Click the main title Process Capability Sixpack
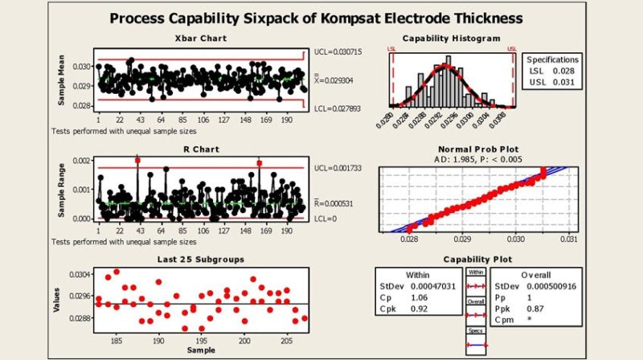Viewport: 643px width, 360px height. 321,18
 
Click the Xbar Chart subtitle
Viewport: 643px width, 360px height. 200,39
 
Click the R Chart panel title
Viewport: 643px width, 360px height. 200,149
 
